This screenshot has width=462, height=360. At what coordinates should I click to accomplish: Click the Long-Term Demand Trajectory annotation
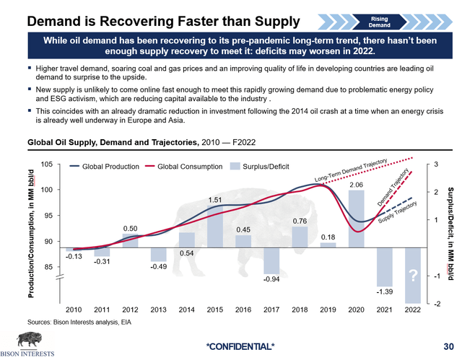coord(352,170)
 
